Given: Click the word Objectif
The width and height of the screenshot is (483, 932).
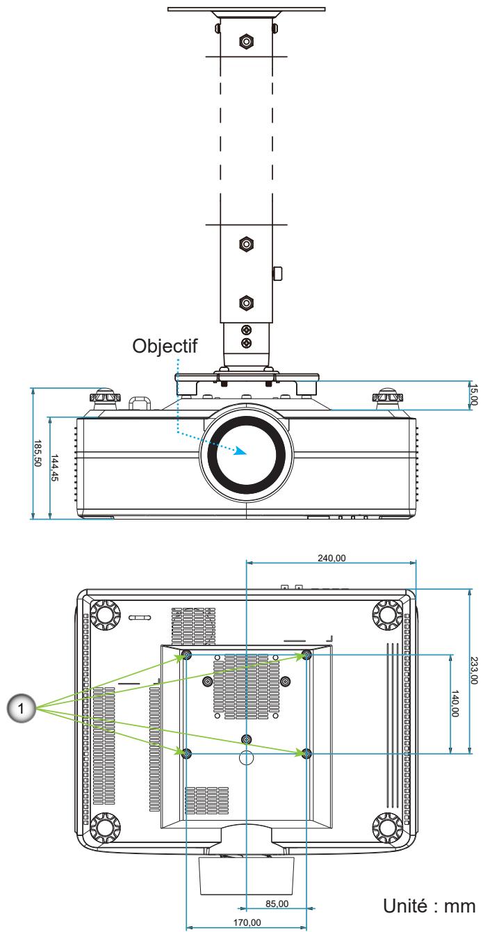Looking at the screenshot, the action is coord(165,346).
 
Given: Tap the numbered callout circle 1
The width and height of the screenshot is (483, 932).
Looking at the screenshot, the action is coord(21,708).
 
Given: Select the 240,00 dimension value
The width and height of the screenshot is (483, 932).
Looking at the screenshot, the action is coord(331,558).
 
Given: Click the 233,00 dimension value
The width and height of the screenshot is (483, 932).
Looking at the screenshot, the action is coord(474,670).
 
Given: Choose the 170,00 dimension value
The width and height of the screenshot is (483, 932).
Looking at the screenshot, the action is coord(247,922).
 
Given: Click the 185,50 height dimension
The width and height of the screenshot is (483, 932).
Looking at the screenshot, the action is coord(38,453).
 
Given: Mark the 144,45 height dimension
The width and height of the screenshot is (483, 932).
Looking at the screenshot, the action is coord(54,467).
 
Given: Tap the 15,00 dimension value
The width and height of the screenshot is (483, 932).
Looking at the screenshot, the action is coord(473,394).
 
